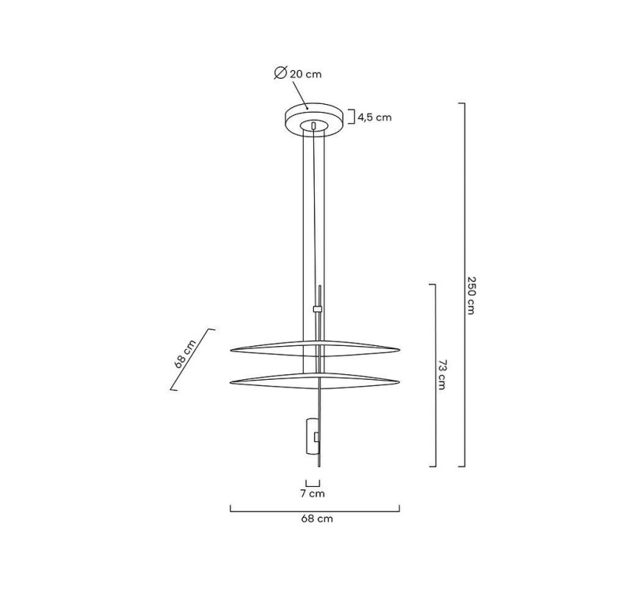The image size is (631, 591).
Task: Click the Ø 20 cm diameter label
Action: pos(298,73)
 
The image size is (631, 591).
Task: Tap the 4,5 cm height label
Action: pos(374,117)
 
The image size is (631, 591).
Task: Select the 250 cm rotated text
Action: pos(471,295)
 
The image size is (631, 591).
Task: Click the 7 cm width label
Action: pos(312,494)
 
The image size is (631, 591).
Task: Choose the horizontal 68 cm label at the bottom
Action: pos(316,519)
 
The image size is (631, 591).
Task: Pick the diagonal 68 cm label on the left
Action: pos(185,355)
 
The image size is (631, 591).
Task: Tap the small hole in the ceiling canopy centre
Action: pos(314,125)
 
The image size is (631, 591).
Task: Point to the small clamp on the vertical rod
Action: pos(317,309)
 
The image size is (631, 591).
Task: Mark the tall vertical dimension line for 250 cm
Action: pos(463,284)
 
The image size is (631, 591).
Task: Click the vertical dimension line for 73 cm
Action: pos(435,374)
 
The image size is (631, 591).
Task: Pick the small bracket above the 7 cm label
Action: pos(312,483)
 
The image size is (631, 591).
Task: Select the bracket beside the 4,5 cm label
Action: pos(351,117)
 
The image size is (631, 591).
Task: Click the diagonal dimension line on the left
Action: pos(193,359)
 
